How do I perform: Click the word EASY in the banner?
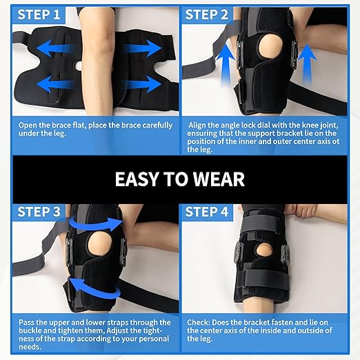[x=138, y=179]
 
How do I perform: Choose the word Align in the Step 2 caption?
[x=200, y=125]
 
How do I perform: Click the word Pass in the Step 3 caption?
[x=30, y=322]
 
